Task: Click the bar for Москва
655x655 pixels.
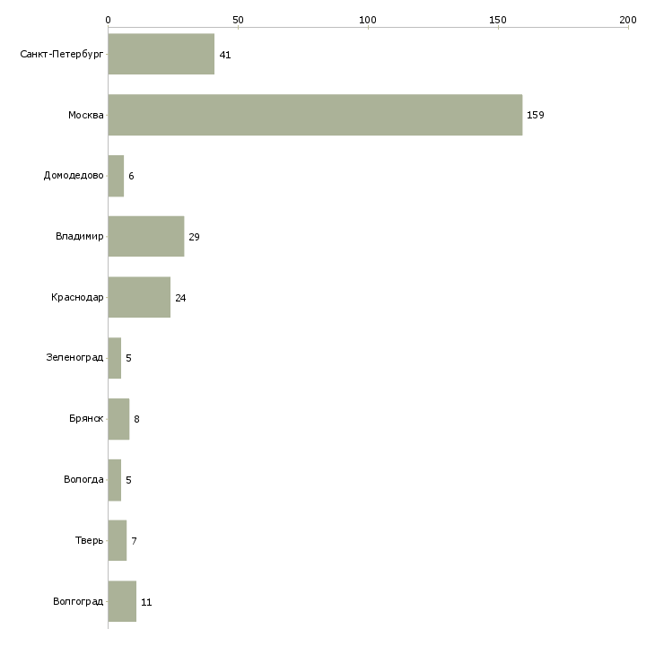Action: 315,115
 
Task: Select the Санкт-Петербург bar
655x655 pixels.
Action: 162,54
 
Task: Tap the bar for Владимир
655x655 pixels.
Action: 146,237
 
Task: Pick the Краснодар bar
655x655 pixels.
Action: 139,297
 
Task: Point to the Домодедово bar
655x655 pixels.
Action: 116,176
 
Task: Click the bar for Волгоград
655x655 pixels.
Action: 122,601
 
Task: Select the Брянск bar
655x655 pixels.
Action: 118,419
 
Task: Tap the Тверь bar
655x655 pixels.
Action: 118,540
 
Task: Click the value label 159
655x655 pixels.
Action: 535,115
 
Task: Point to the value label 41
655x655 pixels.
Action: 225,55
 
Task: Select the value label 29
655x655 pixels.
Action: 194,237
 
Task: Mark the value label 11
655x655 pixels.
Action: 146,602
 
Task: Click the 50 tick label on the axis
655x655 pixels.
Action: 238,20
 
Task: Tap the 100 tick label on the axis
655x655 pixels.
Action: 368,20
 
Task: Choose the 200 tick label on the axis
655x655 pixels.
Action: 628,20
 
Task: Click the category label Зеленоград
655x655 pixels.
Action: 74,358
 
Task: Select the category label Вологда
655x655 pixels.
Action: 83,479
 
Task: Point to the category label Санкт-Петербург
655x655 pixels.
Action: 62,55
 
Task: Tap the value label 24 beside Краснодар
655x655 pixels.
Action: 180,298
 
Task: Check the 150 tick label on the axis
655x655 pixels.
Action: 498,20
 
